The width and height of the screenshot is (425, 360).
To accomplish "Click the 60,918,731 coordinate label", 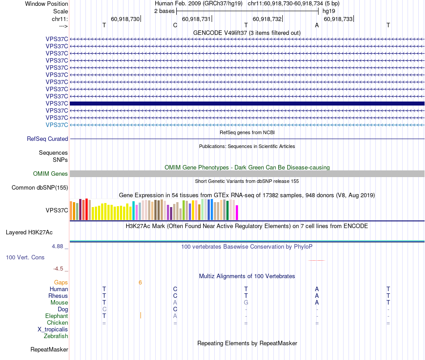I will point(196,19).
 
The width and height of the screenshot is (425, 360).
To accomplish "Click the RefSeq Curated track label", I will point(47,139).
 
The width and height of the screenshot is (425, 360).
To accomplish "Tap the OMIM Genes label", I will point(51,174).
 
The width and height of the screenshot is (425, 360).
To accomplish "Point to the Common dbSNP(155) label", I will point(40,188).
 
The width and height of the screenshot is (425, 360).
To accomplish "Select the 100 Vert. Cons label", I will point(25,258).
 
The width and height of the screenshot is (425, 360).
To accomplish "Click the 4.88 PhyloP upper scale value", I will point(58,246).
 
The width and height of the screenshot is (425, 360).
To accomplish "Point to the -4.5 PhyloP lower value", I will point(60,269).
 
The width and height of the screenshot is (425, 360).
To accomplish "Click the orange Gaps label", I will point(61,283).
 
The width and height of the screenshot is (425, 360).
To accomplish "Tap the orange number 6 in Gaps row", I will point(140,283).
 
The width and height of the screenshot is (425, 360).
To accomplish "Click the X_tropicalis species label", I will point(53,330).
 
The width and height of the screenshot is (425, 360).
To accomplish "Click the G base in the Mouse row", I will point(246,303).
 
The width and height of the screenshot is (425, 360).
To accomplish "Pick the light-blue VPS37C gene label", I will point(57,125).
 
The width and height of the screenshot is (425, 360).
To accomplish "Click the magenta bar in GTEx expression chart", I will point(237,212).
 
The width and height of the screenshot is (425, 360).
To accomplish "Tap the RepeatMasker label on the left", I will point(49,350).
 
